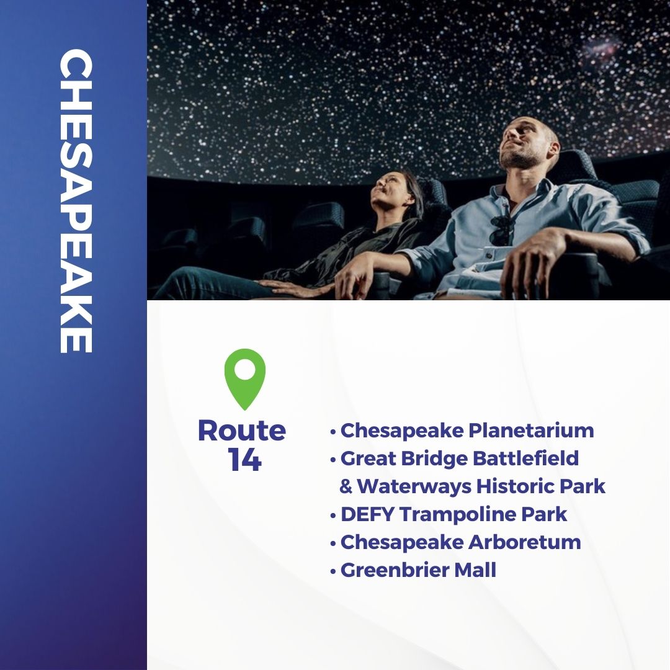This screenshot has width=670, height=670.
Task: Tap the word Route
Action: click(x=242, y=431)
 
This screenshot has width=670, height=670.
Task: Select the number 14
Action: click(x=244, y=459)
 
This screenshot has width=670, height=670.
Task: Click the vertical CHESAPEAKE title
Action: click(x=76, y=201)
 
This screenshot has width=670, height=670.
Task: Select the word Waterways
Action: click(x=413, y=487)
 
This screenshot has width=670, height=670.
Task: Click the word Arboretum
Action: click(x=525, y=542)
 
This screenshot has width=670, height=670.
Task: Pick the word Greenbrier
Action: click(x=394, y=570)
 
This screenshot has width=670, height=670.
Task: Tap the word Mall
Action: click(x=475, y=570)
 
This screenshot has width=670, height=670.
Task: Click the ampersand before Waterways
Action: click(x=346, y=487)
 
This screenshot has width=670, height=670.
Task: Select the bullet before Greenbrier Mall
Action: click(x=333, y=571)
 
